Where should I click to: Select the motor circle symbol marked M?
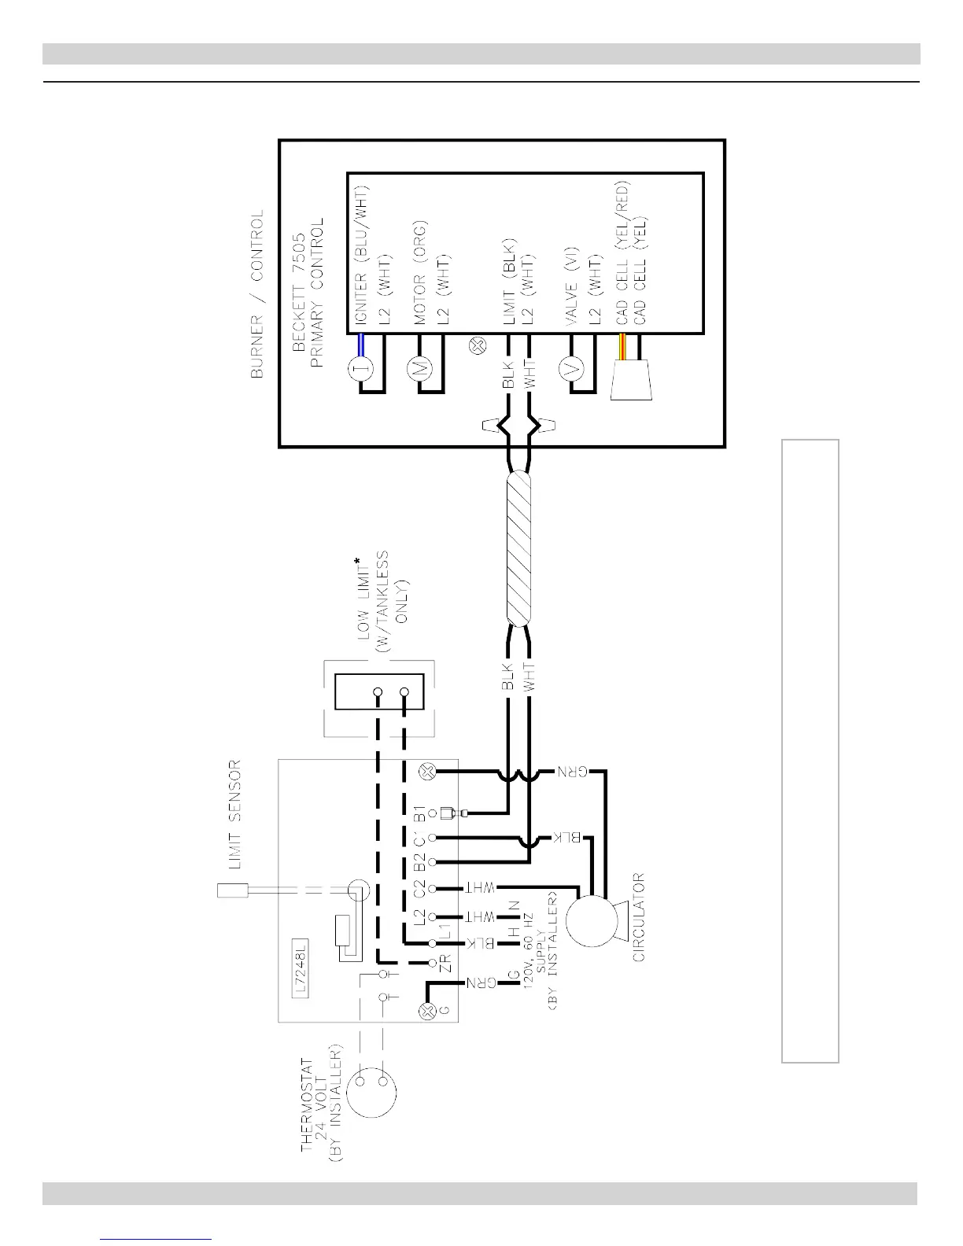click(418, 367)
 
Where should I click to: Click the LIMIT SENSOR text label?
click(234, 815)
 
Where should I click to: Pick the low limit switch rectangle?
click(380, 692)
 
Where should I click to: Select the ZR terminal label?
click(444, 964)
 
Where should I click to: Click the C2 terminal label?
click(419, 889)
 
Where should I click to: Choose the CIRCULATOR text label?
click(639, 917)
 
